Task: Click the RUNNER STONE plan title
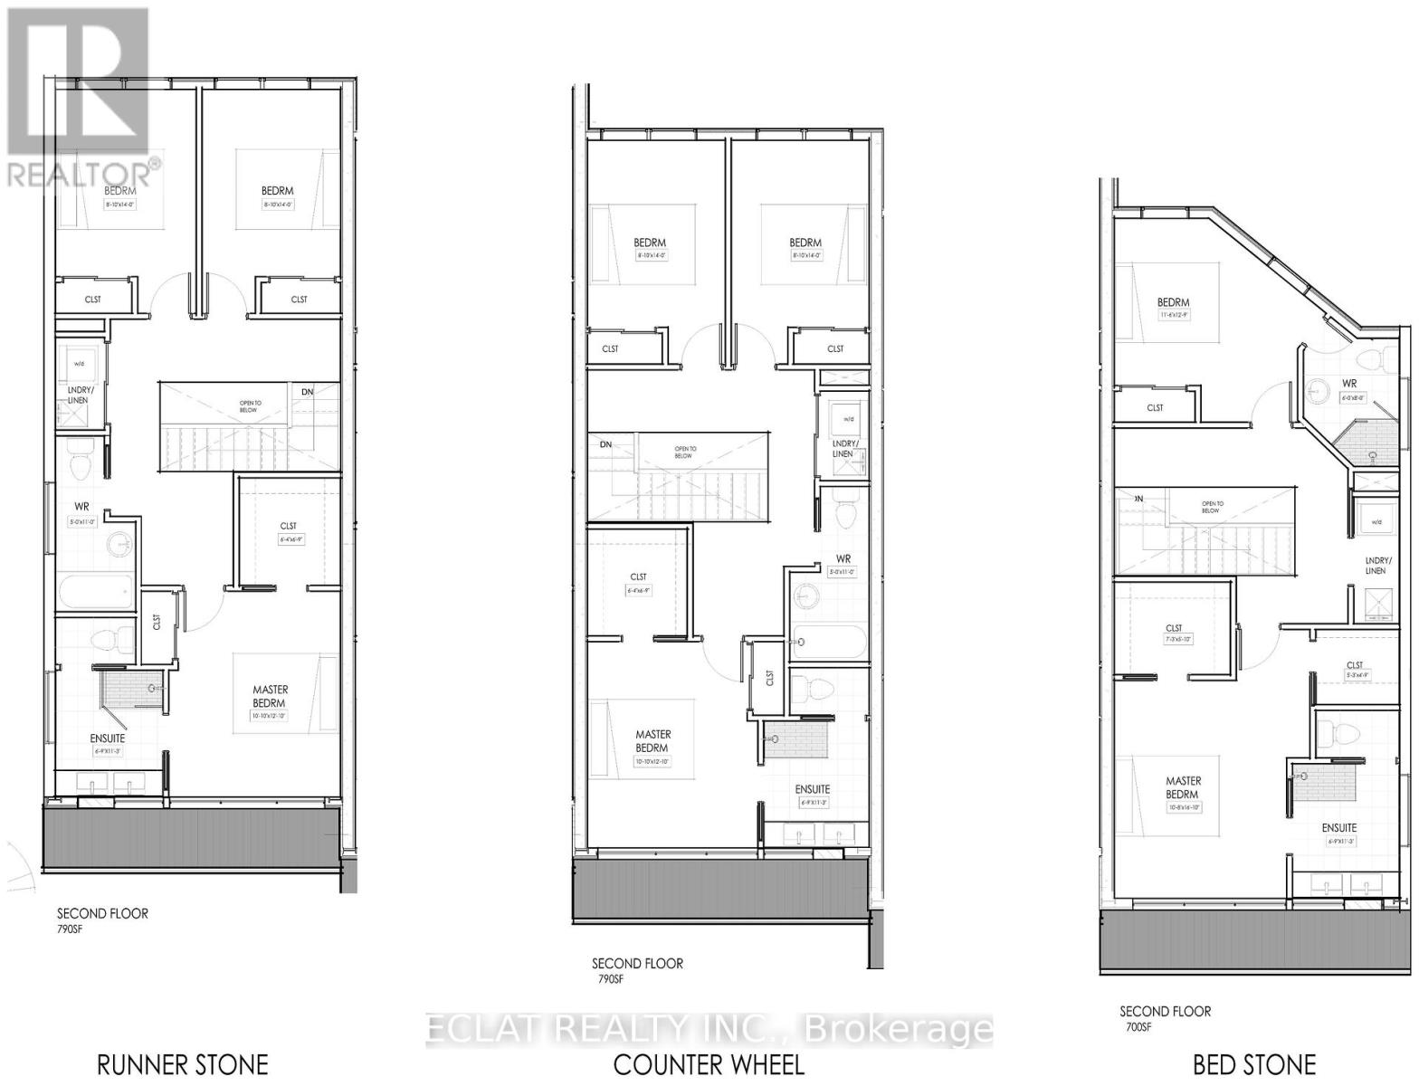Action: point(182,1063)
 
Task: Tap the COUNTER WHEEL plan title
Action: point(709,1064)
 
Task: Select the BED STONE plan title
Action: point(1253,1064)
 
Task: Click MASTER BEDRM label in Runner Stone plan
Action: point(269,697)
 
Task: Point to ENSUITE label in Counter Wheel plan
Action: point(812,789)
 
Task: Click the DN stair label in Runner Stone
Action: point(307,392)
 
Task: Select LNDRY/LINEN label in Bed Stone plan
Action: point(1375,565)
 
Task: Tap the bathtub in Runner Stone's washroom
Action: point(96,593)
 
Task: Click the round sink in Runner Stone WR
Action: point(119,545)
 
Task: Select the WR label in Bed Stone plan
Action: point(1348,384)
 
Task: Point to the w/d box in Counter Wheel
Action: point(848,419)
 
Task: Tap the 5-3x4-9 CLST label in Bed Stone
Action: point(1354,670)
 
